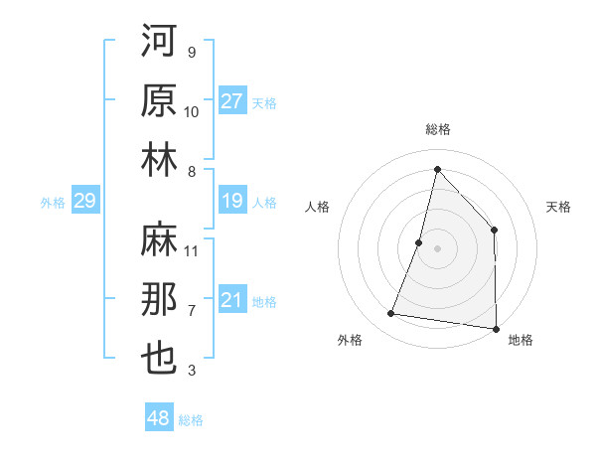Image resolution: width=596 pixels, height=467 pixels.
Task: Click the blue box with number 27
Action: (232, 100)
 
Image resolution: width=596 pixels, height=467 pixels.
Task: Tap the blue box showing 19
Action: (232, 202)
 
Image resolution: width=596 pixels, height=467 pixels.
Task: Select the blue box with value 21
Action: (232, 301)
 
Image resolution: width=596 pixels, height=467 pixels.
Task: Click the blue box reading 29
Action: (84, 202)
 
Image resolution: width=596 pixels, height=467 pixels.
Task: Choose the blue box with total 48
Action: (159, 419)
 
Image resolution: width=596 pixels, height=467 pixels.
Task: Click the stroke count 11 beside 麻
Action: (192, 250)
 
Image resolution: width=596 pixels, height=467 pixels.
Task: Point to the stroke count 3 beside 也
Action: (192, 371)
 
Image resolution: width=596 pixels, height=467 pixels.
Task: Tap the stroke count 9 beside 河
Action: (192, 52)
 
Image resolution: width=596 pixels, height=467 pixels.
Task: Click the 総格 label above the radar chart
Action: (437, 129)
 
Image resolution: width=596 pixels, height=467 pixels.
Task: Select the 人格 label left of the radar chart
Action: (317, 207)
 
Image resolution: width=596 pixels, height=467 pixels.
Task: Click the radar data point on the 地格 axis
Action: (495, 328)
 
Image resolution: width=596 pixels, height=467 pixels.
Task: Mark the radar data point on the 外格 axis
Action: (391, 314)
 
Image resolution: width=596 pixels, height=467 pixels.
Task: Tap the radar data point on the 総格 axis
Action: (437, 169)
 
